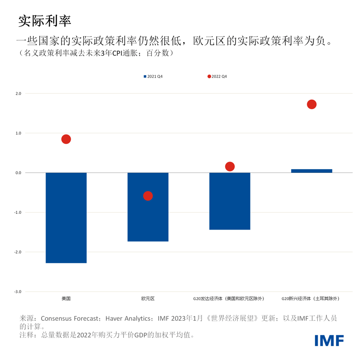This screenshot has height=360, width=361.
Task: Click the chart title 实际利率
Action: click(45, 21)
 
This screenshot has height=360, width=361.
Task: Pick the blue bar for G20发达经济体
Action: click(230, 201)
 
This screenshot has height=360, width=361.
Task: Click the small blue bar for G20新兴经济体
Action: click(311, 171)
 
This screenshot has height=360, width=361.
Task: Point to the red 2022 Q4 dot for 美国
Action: click(66, 139)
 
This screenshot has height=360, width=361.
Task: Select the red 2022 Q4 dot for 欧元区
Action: click(148, 196)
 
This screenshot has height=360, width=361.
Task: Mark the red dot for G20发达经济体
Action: click(230, 166)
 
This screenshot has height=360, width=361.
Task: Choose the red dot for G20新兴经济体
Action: click(311, 105)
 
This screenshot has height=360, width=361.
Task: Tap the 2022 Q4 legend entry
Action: click(218, 77)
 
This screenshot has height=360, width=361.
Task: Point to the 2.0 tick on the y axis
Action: click(18, 93)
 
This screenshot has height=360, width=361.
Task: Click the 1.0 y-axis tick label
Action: click(18, 133)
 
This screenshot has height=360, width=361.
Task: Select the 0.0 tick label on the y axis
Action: click(18, 173)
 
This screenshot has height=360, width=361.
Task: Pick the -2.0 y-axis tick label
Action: click(18, 252)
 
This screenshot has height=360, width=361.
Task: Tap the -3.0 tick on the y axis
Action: click(18, 291)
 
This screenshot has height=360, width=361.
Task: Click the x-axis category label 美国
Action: click(66, 299)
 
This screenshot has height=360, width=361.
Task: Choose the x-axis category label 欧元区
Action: click(148, 299)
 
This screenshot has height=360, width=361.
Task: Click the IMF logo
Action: click(329, 340)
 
